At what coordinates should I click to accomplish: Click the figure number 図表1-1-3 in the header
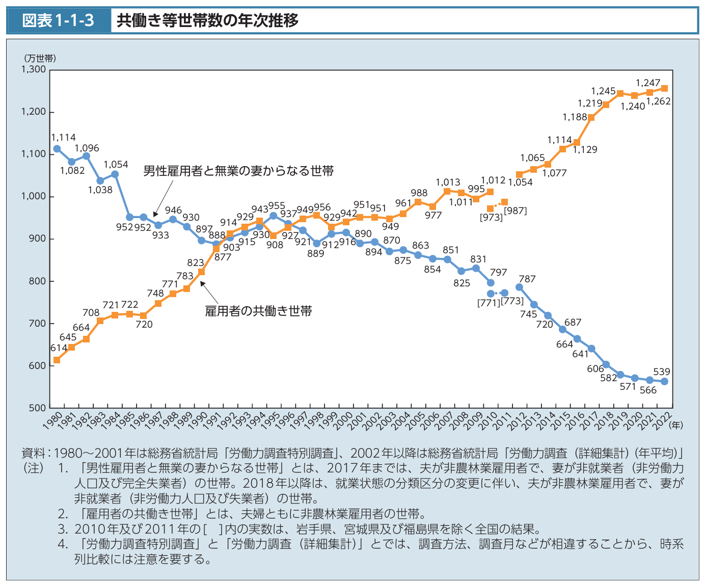point(59,20)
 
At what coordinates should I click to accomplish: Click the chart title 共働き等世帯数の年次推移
point(207,20)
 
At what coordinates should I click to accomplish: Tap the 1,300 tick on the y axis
point(33,69)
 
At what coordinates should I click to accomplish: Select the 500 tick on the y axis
point(37,408)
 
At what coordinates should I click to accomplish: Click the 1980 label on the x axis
point(53,421)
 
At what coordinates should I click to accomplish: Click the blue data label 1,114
point(64,137)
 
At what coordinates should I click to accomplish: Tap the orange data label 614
point(59,348)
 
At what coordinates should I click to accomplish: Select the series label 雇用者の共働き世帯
point(258,311)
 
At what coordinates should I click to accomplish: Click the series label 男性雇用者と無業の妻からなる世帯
point(238,171)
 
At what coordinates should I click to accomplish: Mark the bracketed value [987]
point(515,210)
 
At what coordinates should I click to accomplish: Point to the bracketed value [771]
point(490,303)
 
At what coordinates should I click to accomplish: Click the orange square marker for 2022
point(664,88)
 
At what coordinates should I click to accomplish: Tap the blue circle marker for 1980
point(57,149)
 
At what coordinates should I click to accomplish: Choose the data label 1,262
point(659,101)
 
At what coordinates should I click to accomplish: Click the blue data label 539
point(662,371)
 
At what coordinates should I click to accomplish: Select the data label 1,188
point(575,117)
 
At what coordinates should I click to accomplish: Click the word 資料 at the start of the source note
point(33,453)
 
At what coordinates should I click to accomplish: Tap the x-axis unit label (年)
point(676,424)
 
